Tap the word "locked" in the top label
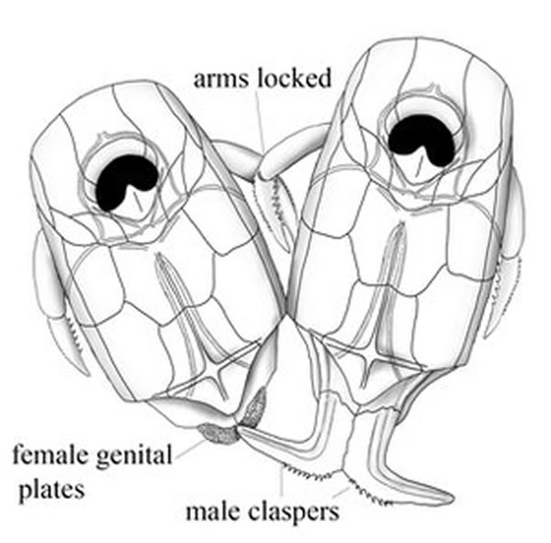tap(295, 78)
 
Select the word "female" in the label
tap(51, 455)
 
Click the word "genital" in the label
tap(133, 456)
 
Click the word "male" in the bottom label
tap(214, 512)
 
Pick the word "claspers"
tap(294, 513)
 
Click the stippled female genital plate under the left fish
tap(219, 434)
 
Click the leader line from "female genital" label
tap(190, 449)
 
